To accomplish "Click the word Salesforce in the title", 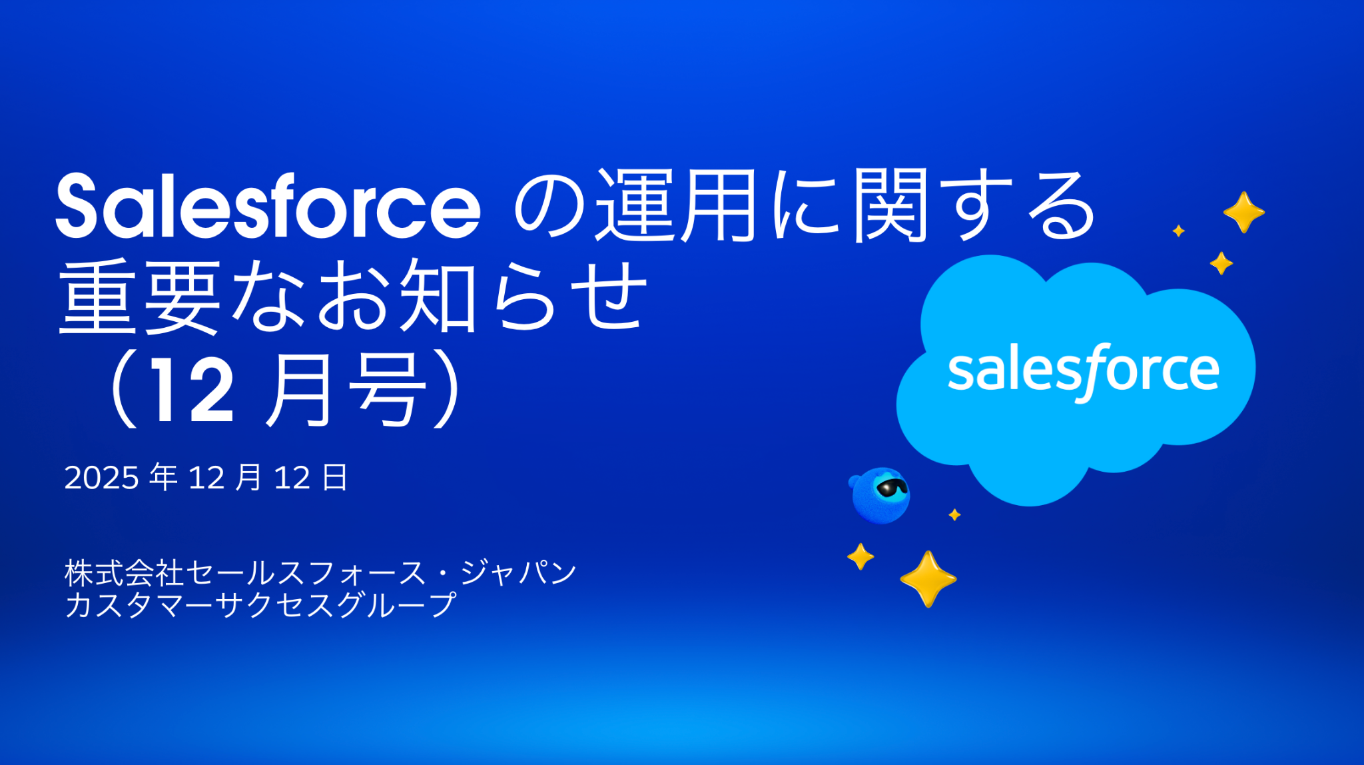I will (268, 207).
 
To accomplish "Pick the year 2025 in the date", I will (101, 478).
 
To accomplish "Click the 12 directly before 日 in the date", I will (292, 478).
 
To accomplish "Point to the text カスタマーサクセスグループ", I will (260, 605).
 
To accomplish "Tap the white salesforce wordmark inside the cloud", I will (1083, 371).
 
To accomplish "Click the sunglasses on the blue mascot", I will (892, 488).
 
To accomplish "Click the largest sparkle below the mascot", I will (928, 578).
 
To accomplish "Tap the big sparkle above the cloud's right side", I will (1243, 212).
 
